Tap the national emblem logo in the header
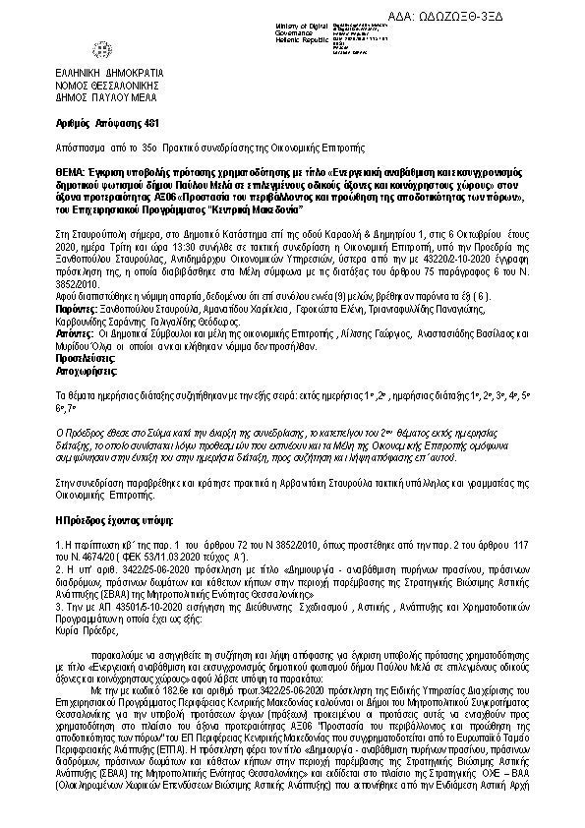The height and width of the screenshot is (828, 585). pos(101,48)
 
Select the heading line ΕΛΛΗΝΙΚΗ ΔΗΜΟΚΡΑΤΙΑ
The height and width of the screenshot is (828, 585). pos(109,74)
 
